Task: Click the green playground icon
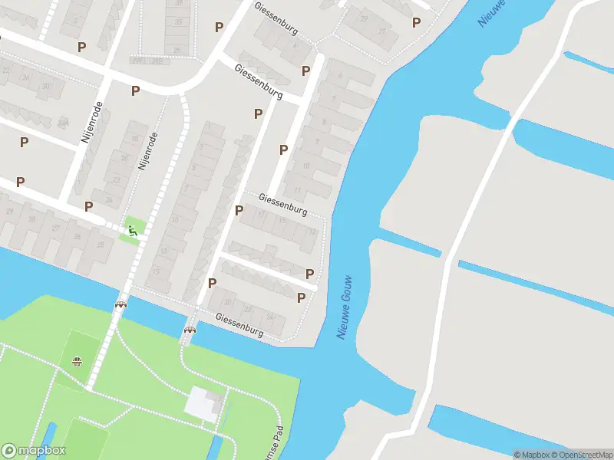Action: (134, 229)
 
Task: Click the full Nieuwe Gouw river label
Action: (346, 307)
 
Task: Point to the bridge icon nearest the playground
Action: (120, 304)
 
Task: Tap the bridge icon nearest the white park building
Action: (190, 330)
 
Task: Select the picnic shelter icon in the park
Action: (77, 361)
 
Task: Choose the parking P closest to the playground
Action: (89, 206)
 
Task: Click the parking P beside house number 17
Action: (239, 209)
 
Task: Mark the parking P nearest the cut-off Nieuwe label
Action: (416, 23)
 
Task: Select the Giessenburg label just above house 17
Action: (282, 203)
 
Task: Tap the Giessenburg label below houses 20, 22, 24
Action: (239, 325)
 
